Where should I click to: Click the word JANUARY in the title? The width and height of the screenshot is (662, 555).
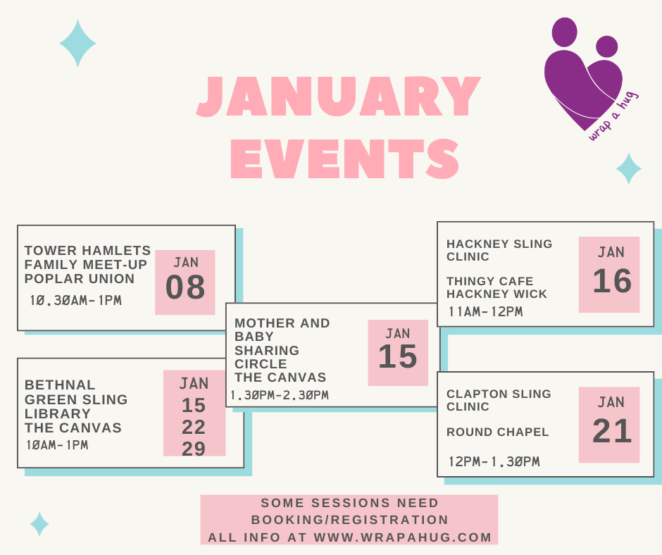(339, 96)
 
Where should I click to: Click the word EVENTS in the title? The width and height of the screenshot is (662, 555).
(345, 159)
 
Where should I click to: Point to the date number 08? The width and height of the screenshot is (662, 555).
(185, 287)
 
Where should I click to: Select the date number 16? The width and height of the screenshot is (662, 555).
(612, 281)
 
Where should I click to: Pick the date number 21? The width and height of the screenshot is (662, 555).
(612, 431)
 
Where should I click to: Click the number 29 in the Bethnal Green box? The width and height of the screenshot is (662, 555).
(194, 449)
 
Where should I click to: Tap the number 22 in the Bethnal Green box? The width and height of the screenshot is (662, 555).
(194, 427)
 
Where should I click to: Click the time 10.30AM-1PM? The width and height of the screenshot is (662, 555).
(76, 300)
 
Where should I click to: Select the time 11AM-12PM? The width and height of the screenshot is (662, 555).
(485, 312)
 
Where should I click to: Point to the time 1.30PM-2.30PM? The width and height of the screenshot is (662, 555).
(280, 395)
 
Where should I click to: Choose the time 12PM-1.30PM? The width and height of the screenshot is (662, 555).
(494, 461)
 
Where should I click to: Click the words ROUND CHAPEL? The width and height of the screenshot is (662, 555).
(498, 432)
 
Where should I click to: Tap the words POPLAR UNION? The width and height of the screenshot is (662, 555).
(80, 279)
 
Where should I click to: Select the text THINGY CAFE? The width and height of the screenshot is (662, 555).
(489, 281)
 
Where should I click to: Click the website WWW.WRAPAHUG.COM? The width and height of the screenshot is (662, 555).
(403, 537)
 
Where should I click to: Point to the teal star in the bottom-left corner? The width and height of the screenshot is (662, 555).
(39, 524)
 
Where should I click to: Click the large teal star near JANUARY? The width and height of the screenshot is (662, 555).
(77, 43)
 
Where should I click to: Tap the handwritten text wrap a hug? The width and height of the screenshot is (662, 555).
(613, 116)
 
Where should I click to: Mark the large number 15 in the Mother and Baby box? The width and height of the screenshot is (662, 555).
(398, 356)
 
